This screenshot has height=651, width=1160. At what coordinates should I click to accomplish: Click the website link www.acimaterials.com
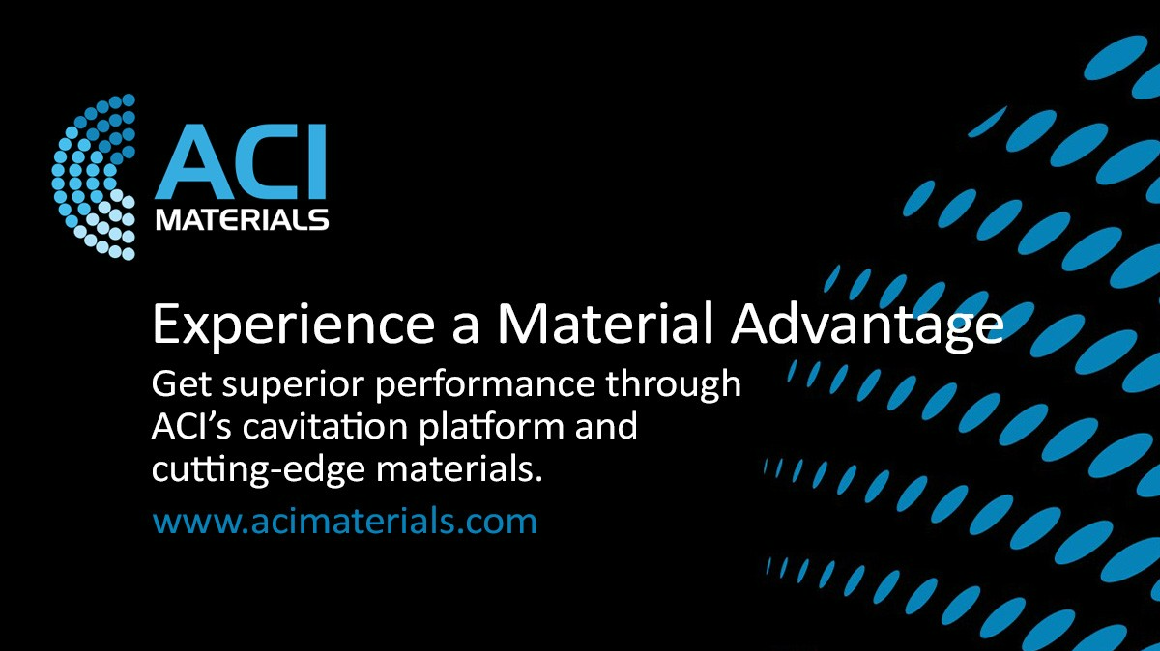[345, 523]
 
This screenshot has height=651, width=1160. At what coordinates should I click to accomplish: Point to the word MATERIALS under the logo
[242, 221]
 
